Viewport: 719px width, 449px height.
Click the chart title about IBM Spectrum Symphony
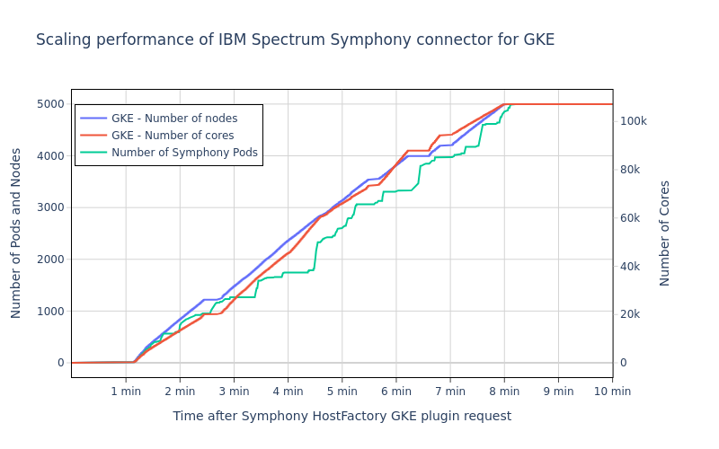tap(295, 40)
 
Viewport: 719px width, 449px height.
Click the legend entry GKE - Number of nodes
tap(174, 119)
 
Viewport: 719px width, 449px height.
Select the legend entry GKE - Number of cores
tap(173, 136)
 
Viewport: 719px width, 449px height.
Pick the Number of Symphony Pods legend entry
tap(184, 153)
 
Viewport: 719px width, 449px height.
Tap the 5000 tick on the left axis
tap(49, 104)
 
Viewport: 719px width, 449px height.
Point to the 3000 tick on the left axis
tap(49, 207)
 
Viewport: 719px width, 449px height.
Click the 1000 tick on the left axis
tap(49, 312)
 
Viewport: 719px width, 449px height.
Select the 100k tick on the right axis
tap(634, 122)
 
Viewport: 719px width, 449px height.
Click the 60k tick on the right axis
tap(631, 218)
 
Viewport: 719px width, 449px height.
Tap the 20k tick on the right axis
tap(631, 314)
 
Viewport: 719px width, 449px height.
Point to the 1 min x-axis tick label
tap(126, 391)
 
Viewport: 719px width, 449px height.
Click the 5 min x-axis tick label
tap(342, 391)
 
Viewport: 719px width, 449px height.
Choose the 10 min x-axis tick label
tap(611, 391)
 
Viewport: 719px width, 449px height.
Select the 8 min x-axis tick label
tap(504, 391)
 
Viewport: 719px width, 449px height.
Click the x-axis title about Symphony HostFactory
tap(342, 417)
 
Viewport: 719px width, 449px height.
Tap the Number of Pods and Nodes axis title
tap(16, 233)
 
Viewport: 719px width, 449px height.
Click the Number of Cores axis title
tap(665, 233)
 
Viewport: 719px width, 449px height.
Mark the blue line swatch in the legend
tap(93, 119)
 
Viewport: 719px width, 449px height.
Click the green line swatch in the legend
tap(93, 153)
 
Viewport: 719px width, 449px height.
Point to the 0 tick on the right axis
tap(624, 363)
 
